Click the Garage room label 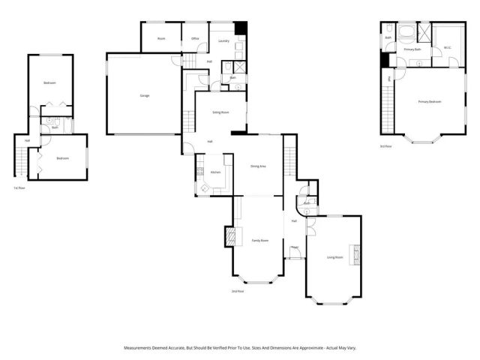143,95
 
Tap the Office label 195,38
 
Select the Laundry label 223,40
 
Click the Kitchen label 215,172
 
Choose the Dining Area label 259,166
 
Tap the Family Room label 257,240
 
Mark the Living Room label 334,257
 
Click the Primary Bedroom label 430,101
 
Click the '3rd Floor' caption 386,147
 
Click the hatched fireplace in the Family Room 232,238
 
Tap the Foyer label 295,247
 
